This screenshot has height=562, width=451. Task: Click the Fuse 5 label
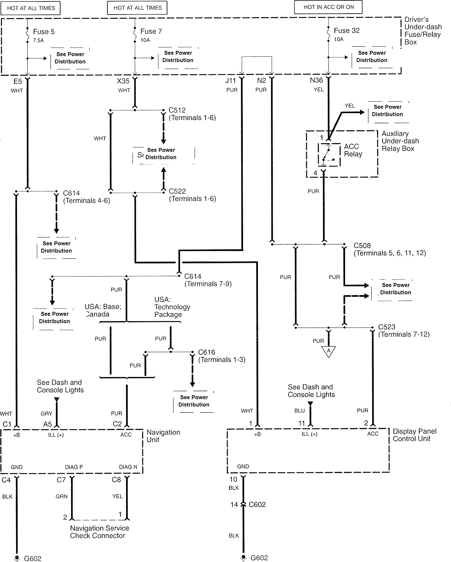44,32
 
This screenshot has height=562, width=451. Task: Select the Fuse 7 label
151,31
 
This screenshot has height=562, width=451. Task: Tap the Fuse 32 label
347,30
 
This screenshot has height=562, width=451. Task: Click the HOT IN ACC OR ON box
328,7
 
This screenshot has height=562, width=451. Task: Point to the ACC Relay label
353,150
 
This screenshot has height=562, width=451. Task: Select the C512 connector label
177,110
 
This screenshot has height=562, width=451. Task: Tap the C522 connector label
177,191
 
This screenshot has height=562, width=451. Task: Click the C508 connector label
362,246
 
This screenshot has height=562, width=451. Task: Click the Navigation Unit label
163,436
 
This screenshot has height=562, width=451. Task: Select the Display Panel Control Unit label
415,435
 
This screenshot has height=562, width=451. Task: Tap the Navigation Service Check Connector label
100,532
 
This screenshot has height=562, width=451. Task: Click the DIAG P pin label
74,467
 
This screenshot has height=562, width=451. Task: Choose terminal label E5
18,81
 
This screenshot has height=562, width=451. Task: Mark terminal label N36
316,80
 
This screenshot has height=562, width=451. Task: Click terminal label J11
230,81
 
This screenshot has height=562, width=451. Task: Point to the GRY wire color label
47,413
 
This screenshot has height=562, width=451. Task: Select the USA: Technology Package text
172,307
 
